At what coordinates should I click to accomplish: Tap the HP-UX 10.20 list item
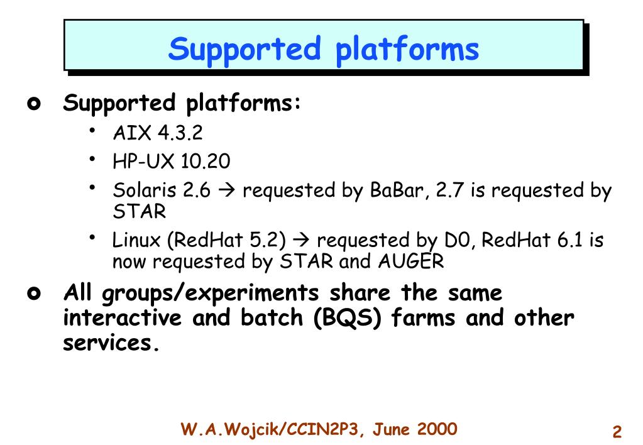(x=172, y=162)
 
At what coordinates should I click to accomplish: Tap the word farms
(x=424, y=319)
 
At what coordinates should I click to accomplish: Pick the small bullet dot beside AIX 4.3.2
(x=93, y=129)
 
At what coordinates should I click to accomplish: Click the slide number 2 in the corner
(x=617, y=432)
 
